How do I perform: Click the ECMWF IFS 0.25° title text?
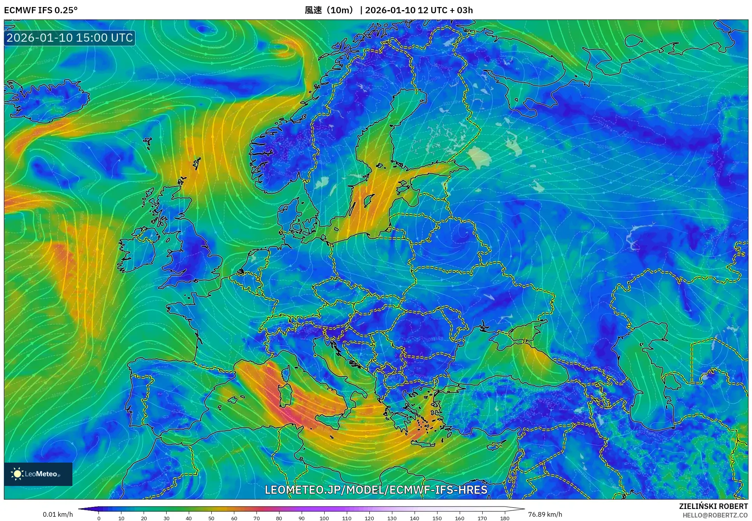pos(40,10)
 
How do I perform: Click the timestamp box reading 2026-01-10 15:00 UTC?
pos(70,38)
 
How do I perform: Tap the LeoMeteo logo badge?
pos(38,474)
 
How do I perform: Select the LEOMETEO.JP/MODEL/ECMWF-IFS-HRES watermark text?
pos(376,489)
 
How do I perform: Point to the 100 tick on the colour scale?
pos(324,518)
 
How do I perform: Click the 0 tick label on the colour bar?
pos(99,518)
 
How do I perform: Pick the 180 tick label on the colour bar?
pos(504,518)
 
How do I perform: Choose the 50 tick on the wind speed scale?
pos(211,518)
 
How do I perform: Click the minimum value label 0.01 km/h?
pos(58,514)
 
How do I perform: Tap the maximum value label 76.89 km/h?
pos(545,514)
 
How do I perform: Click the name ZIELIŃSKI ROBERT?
pos(713,506)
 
